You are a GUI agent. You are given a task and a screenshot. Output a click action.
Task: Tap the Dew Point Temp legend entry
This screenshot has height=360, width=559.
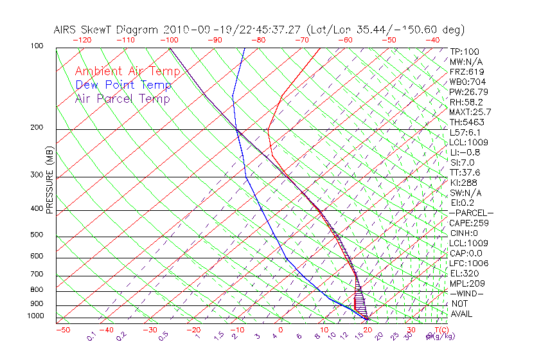pos(123,85)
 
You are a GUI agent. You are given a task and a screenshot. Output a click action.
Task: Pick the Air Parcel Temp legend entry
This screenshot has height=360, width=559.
pos(122,98)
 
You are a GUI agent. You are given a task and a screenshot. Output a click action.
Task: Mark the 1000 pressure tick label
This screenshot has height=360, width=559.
pos(36,316)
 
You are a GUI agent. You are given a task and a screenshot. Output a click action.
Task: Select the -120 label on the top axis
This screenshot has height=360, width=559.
pos(82,40)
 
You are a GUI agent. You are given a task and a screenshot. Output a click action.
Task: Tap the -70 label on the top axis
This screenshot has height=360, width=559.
pos(301,40)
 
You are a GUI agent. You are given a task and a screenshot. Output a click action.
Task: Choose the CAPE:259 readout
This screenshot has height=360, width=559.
pos(469,223)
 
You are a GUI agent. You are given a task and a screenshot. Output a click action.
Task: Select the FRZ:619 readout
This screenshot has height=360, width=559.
pos(467,71)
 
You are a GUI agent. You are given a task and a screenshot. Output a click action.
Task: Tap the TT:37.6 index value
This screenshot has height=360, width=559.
pos(465,172)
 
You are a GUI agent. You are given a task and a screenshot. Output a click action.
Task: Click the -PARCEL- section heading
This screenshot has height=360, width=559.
pos(471,213)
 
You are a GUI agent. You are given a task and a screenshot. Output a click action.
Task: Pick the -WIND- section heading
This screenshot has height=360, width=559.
pos(467,293)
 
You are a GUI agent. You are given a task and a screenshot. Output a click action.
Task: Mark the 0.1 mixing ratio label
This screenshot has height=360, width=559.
pos(91,336)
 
